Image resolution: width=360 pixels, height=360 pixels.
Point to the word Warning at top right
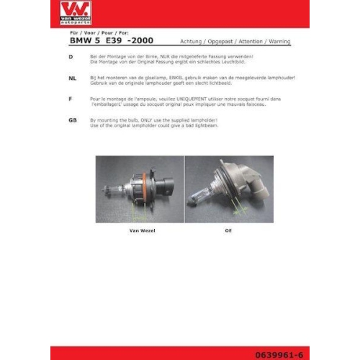[x=277, y=42]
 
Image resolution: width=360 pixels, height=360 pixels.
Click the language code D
[x=71, y=56]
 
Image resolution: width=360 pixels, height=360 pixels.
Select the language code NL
[x=72, y=76]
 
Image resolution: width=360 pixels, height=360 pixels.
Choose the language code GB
[x=72, y=120]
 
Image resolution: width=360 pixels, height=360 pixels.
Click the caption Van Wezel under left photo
[x=142, y=230]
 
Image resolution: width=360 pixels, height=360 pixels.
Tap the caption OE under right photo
[x=228, y=230]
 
